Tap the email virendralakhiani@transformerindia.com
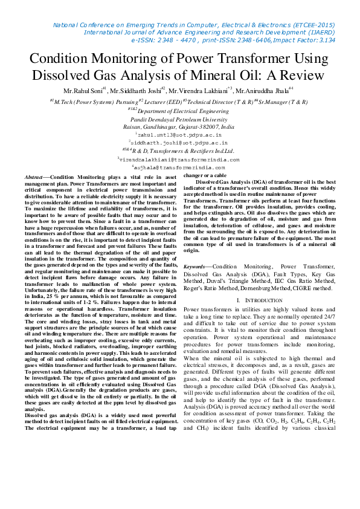(181, 159)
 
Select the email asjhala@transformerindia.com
(181, 167)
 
